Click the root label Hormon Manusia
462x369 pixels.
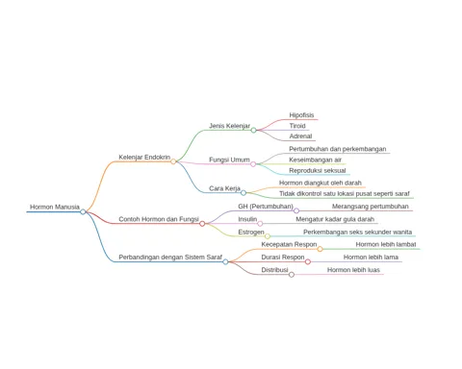[55, 207]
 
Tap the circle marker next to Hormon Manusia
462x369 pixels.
[83, 211]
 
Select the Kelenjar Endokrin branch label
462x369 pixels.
[144, 157]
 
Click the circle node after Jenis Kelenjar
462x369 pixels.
[253, 130]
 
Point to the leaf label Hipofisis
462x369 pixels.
[301, 115]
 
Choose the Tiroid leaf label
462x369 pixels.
[297, 126]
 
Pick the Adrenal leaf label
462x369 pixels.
[300, 136]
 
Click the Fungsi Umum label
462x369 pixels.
[229, 160]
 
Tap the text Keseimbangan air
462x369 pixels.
[315, 160]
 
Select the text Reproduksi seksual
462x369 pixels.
[318, 170]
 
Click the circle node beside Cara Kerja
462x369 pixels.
[244, 193]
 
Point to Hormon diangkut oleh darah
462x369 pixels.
[321, 183]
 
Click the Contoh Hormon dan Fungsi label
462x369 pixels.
[159, 219]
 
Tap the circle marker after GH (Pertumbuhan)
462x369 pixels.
[296, 210]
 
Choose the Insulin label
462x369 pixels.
[247, 219]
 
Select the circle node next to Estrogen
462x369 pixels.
[268, 236]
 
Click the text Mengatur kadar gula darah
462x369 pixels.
[335, 219]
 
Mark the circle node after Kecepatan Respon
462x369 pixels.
[320, 249]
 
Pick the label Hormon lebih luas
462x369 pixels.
[353, 270]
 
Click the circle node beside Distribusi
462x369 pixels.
[292, 275]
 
